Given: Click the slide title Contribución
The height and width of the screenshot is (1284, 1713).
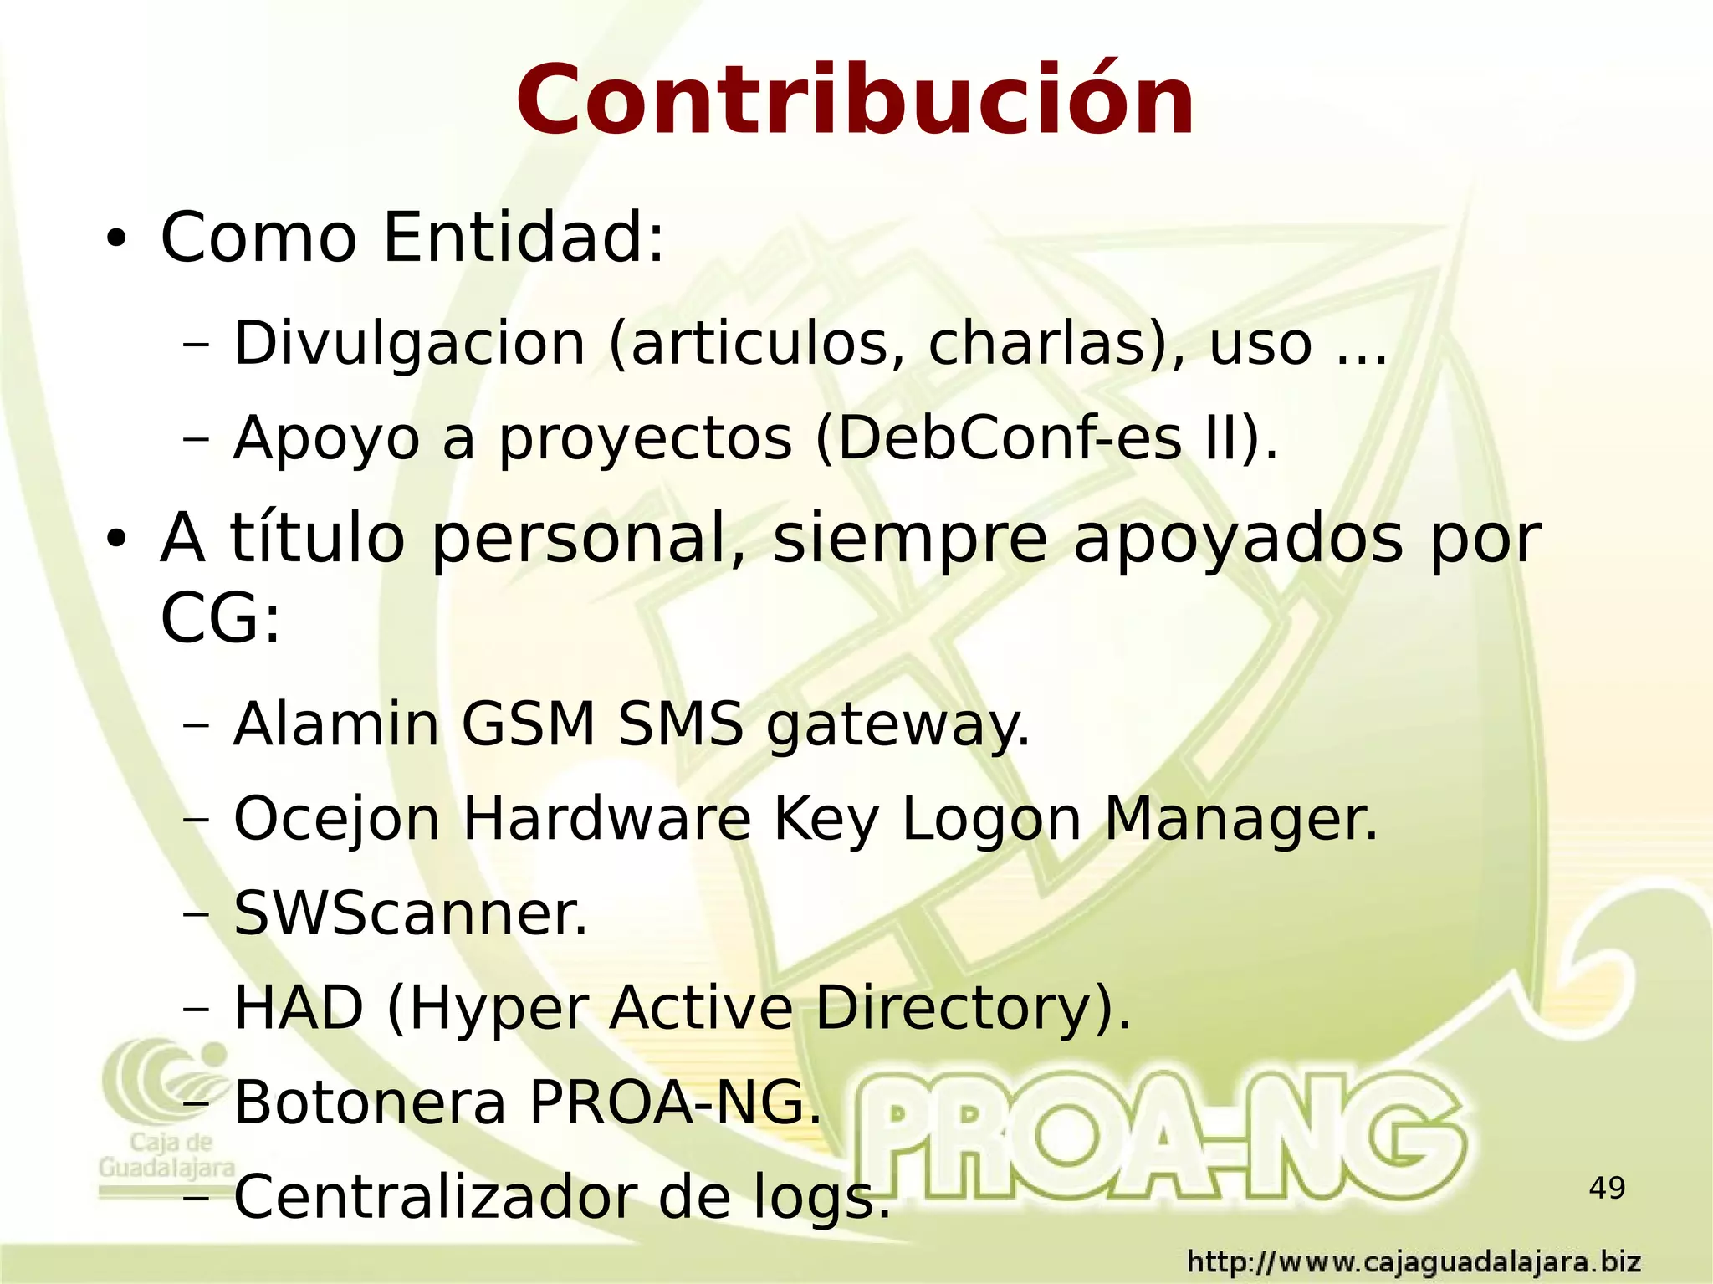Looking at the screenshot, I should (x=855, y=102).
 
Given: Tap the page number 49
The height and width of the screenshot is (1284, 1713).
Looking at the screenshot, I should (x=1607, y=1188).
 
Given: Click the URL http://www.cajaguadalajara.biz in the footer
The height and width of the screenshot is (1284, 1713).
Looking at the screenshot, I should (x=1414, y=1261).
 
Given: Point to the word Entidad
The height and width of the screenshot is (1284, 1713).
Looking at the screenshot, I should (x=523, y=238).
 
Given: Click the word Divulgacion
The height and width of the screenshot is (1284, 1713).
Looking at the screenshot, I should (x=409, y=343).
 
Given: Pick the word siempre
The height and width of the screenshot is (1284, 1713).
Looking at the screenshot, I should (x=910, y=540).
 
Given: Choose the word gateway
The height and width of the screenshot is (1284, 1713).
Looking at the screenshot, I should (x=897, y=726).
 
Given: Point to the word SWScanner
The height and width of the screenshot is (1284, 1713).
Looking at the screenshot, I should (x=410, y=913).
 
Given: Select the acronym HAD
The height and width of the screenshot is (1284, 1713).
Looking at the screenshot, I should (x=299, y=1007).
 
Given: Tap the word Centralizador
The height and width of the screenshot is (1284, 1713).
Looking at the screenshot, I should (x=435, y=1197).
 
